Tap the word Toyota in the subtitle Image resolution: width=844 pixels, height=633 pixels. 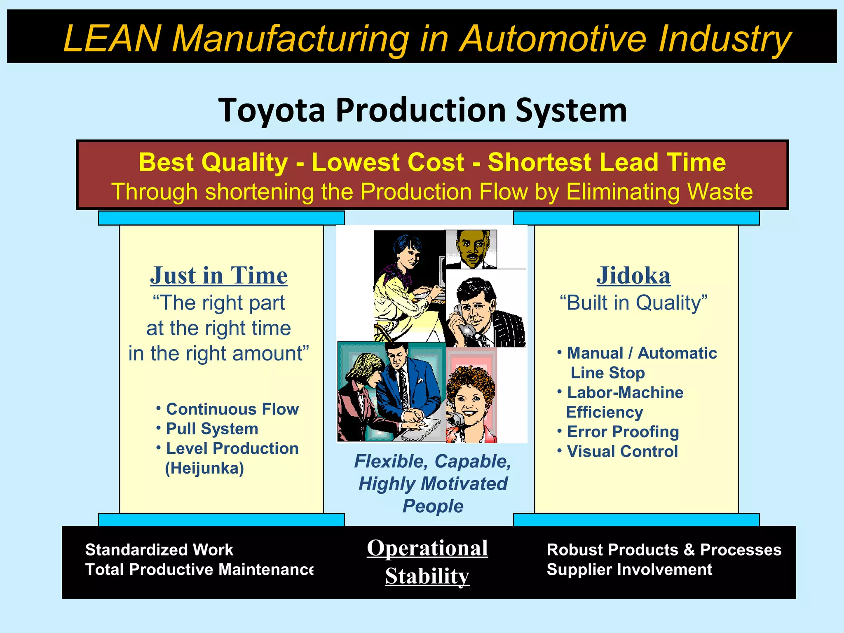[272, 110]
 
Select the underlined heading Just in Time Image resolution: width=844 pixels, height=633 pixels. [218, 275]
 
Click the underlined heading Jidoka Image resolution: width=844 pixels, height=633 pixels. [633, 275]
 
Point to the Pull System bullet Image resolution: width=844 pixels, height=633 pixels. [212, 429]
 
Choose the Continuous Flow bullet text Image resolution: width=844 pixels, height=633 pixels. [232, 409]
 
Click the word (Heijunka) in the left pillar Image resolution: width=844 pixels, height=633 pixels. [204, 469]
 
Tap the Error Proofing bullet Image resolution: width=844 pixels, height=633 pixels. [623, 432]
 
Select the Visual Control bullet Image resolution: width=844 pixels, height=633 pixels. [622, 452]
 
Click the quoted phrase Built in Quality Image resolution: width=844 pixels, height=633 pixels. [633, 303]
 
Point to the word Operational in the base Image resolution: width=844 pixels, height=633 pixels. [427, 548]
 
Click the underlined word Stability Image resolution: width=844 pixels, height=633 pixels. [427, 576]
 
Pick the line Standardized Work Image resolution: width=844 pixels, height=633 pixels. [159, 550]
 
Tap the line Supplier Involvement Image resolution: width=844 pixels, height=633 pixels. [629, 570]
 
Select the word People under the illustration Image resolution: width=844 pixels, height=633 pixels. [433, 506]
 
